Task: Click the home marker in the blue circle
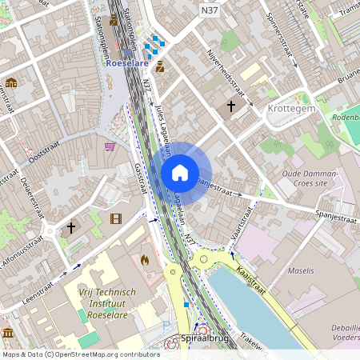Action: point(180,173)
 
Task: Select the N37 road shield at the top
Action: point(210,10)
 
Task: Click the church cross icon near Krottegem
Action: point(231,106)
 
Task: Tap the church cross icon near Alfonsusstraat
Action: point(70,228)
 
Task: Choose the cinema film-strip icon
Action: point(116,218)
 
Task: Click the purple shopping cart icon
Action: point(110,146)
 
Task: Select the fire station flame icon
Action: point(145,260)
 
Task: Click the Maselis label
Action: point(301,271)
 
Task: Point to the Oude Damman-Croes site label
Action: point(310,178)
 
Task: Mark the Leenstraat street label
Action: point(43,282)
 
